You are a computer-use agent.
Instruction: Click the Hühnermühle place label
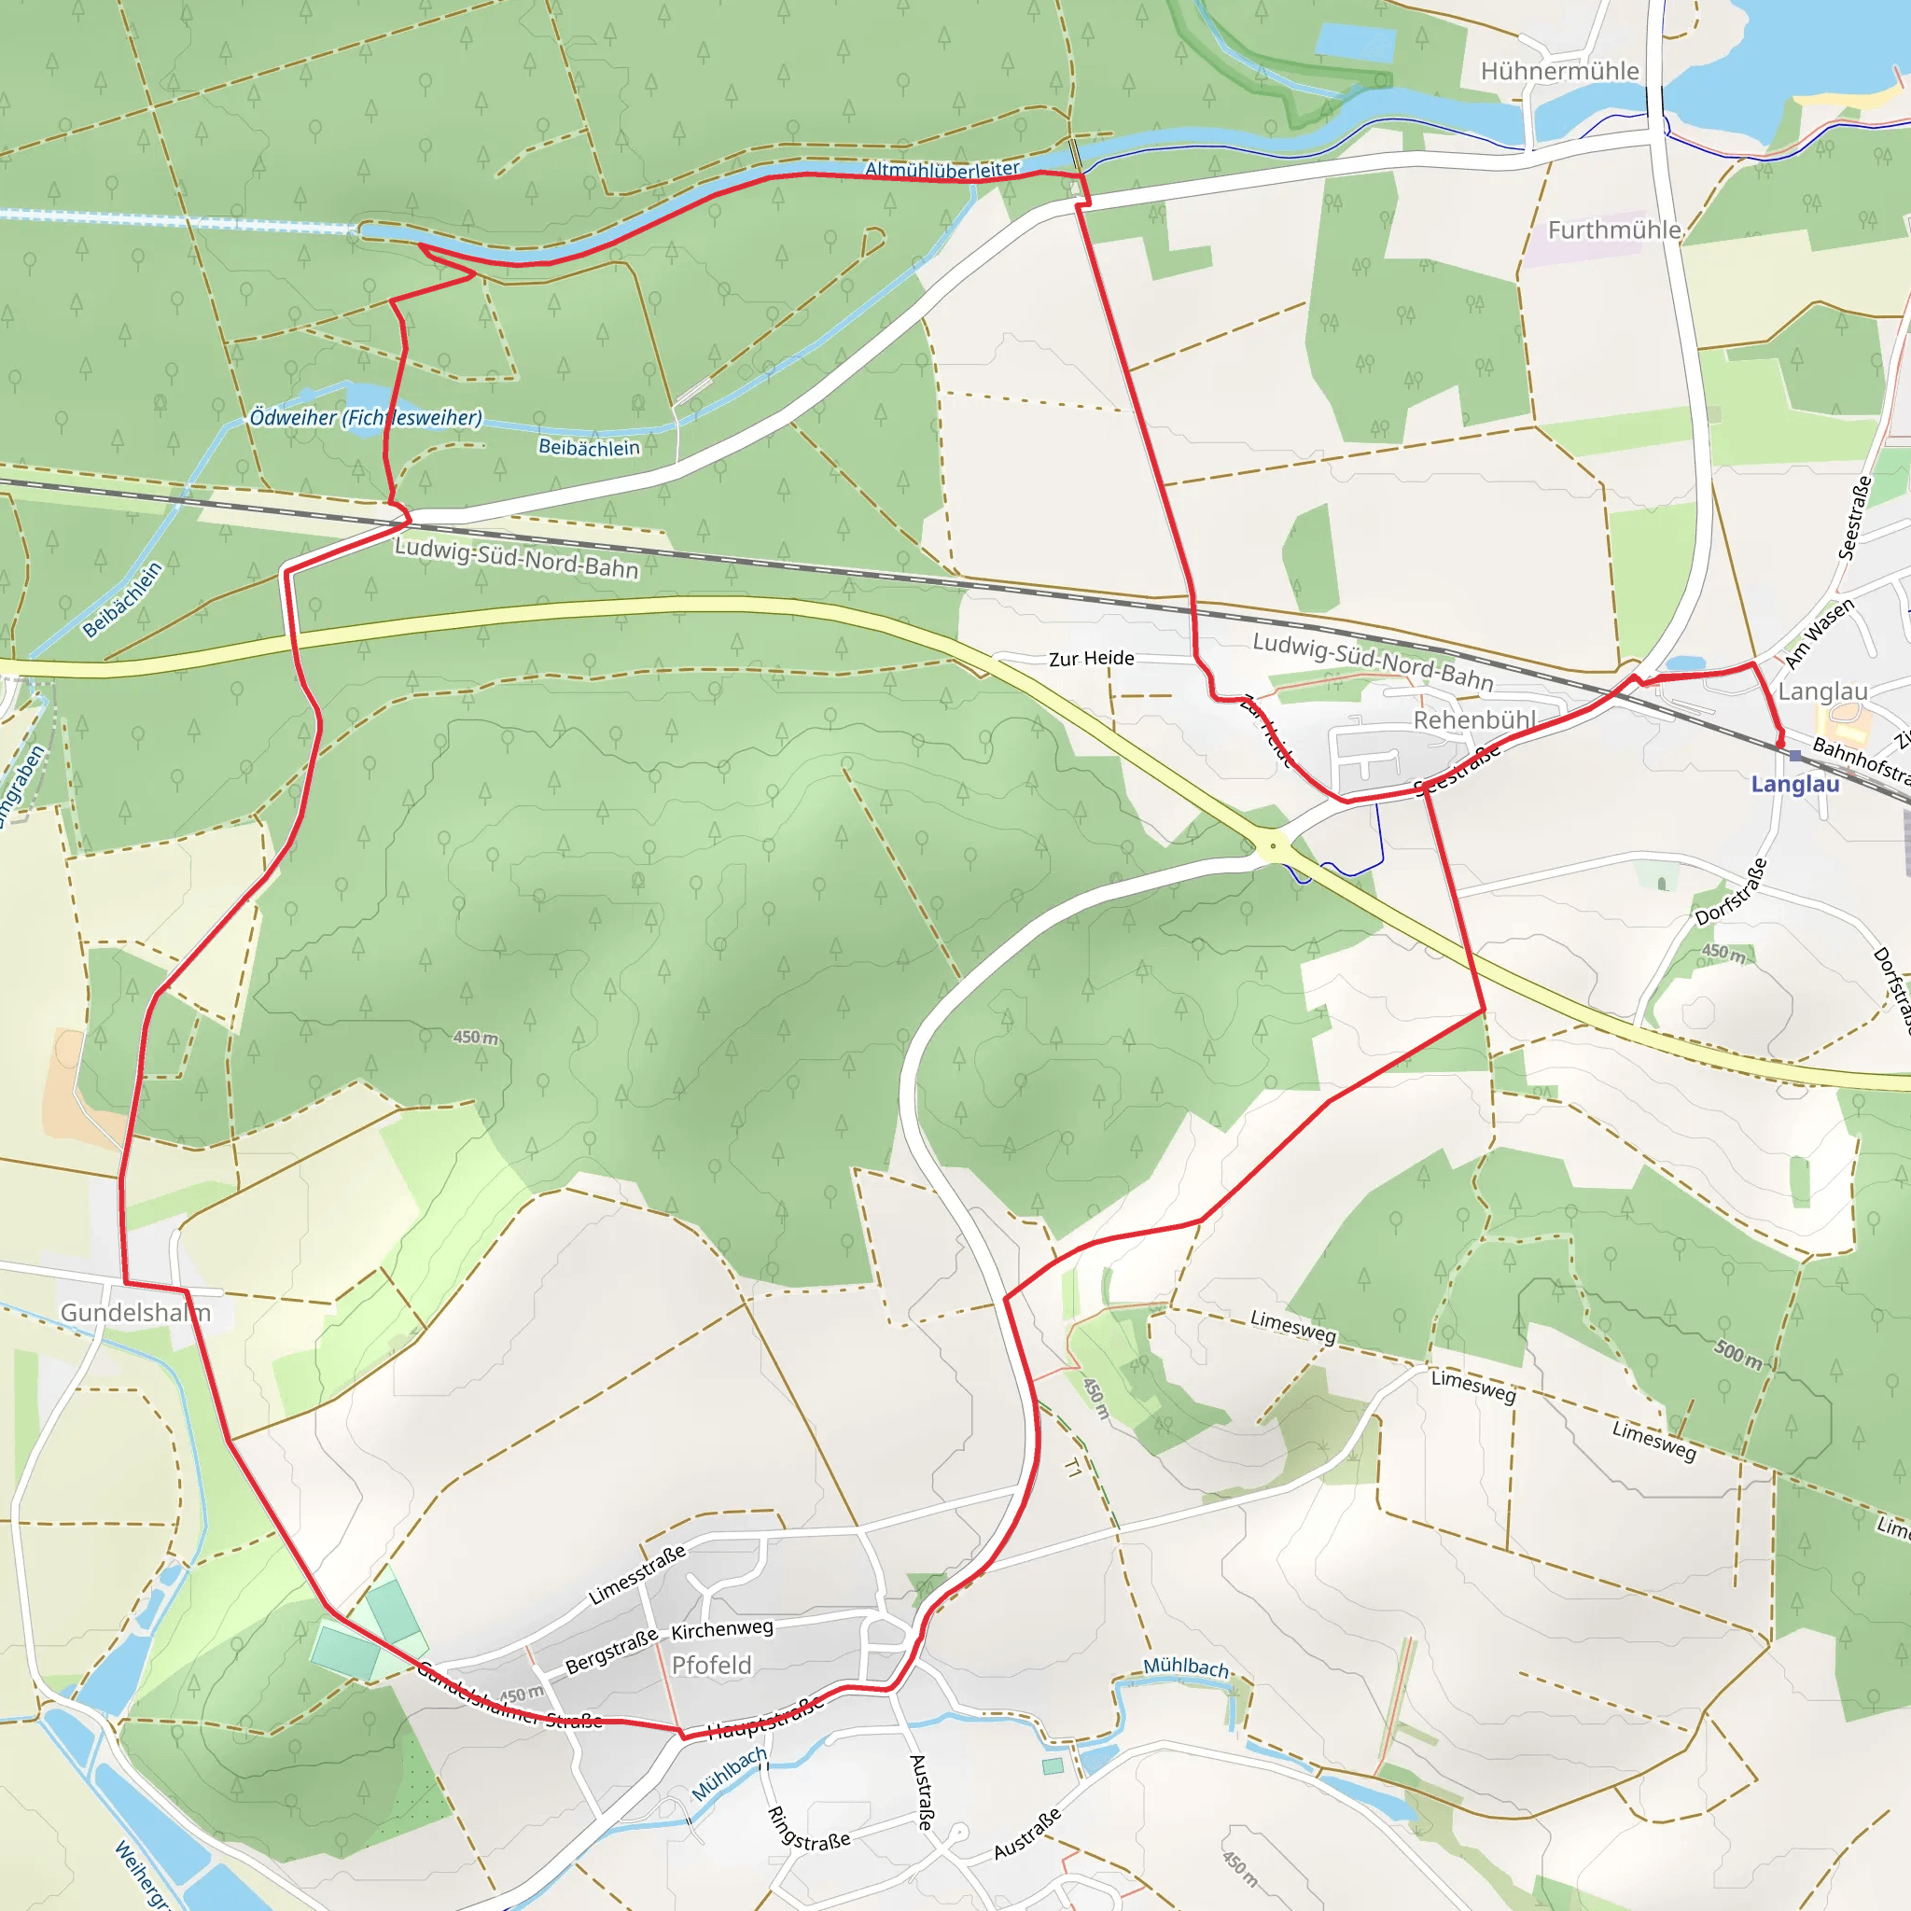click(1559, 71)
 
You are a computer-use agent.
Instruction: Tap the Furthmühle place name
click(1614, 230)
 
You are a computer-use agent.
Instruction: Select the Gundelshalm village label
click(135, 1313)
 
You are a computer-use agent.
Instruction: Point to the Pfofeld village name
click(711, 1665)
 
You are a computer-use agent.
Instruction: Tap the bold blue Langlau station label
click(1795, 785)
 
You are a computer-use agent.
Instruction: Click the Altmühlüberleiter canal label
click(942, 169)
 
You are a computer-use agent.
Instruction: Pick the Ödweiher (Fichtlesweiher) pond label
click(365, 417)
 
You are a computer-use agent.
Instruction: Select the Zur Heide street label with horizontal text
click(1091, 659)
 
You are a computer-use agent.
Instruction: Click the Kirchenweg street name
click(722, 1629)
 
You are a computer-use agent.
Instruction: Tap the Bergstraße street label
click(611, 1652)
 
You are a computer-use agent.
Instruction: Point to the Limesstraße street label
click(637, 1575)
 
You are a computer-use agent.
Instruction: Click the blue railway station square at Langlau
click(1795, 756)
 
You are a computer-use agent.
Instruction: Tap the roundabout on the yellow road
click(1273, 845)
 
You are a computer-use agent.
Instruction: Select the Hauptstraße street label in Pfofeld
click(765, 1717)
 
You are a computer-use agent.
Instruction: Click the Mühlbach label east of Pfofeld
click(1186, 1667)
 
